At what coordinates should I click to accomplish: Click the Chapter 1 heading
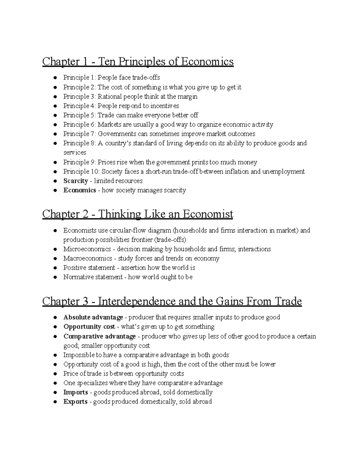click(138, 62)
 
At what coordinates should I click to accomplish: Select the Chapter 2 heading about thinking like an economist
click(137, 214)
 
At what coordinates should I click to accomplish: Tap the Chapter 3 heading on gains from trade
click(172, 301)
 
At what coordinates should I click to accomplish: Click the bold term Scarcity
click(76, 181)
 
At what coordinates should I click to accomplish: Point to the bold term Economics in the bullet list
click(79, 190)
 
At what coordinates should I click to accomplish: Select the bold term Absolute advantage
click(93, 317)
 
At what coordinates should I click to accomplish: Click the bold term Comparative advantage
click(100, 336)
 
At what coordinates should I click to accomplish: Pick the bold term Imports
click(76, 392)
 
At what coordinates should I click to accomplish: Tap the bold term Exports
click(75, 402)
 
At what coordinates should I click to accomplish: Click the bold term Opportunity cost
click(89, 327)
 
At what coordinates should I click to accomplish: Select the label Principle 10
click(81, 172)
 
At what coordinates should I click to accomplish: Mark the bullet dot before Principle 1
click(55, 78)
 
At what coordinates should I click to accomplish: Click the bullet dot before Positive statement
click(55, 268)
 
